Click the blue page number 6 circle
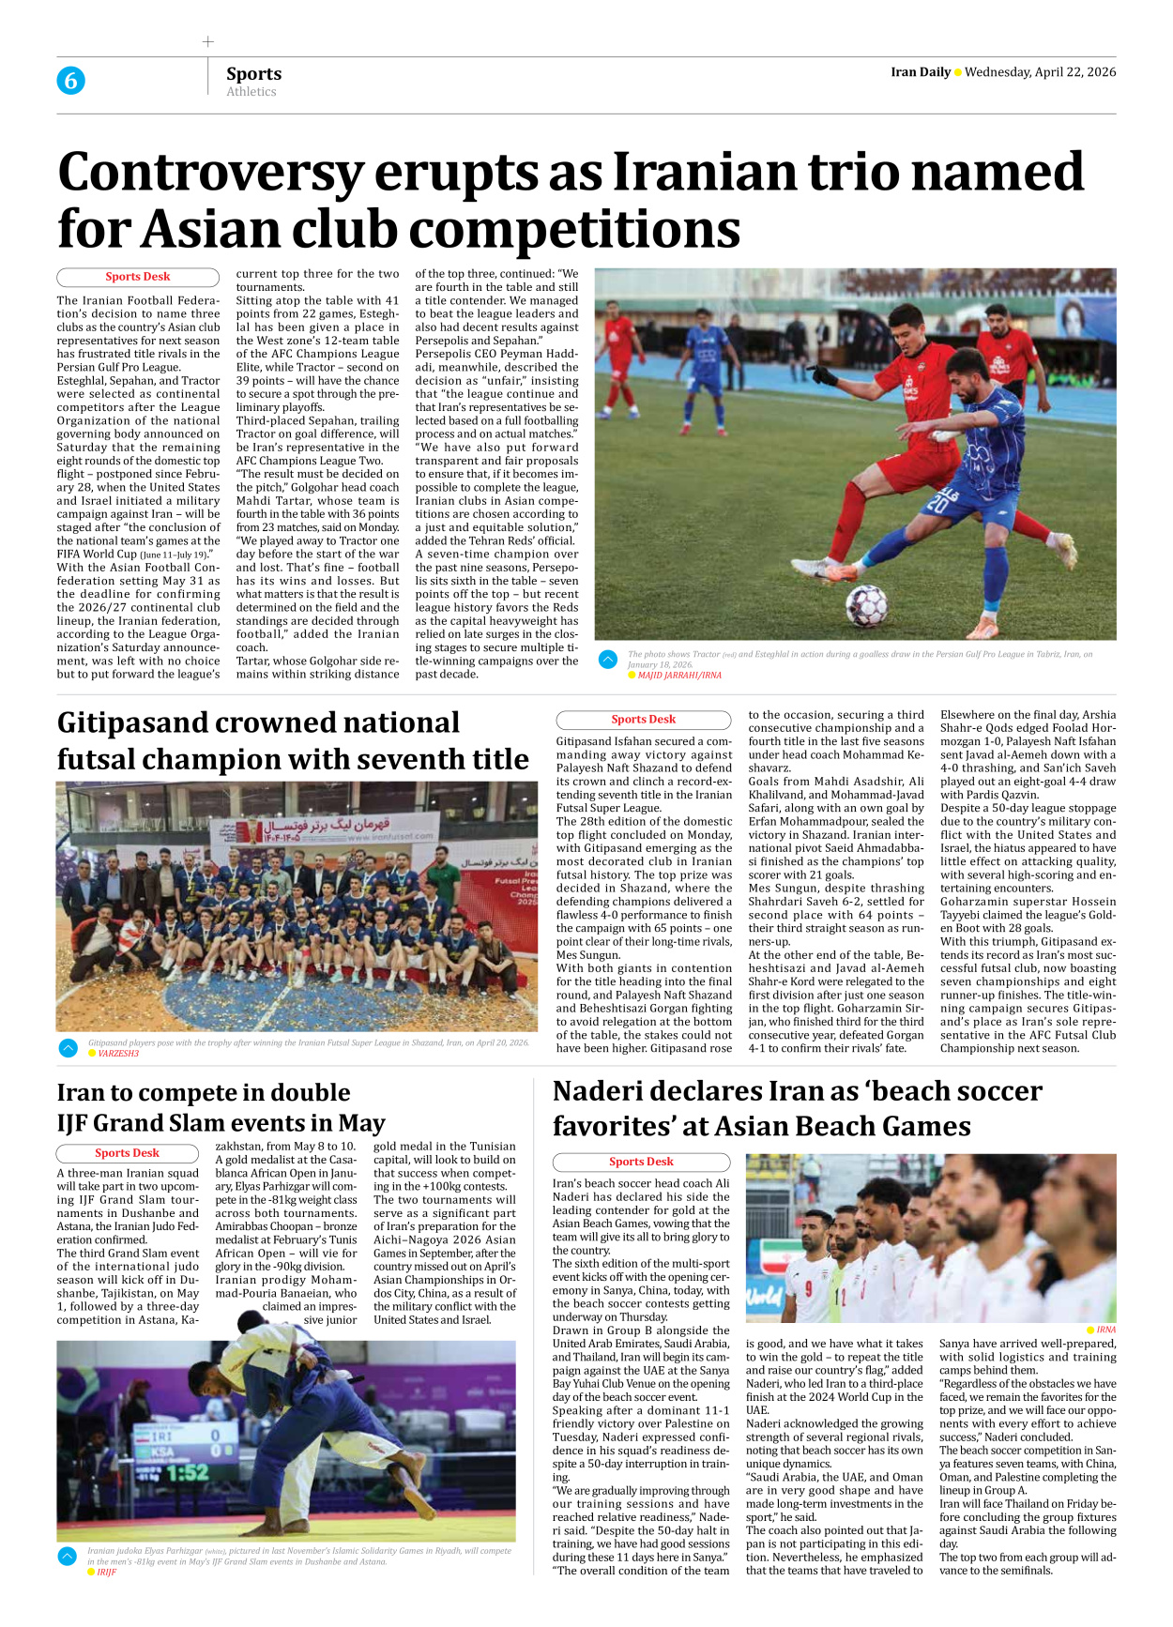coord(70,81)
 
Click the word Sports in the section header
coord(253,73)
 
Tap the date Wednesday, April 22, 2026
coord(1040,72)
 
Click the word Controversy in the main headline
coord(210,173)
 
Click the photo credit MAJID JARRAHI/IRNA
coord(679,675)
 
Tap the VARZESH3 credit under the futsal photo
coord(118,1054)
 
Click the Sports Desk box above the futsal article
coord(643,720)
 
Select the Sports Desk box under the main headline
coord(138,277)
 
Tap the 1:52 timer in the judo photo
coord(188,1472)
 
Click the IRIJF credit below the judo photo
coord(106,1573)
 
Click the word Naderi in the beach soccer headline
coord(604,1091)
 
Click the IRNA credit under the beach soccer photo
coord(1105,1330)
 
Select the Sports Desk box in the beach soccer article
coord(641,1162)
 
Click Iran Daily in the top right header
coord(920,72)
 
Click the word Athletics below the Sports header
coord(251,92)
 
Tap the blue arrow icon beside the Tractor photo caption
coord(608,660)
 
